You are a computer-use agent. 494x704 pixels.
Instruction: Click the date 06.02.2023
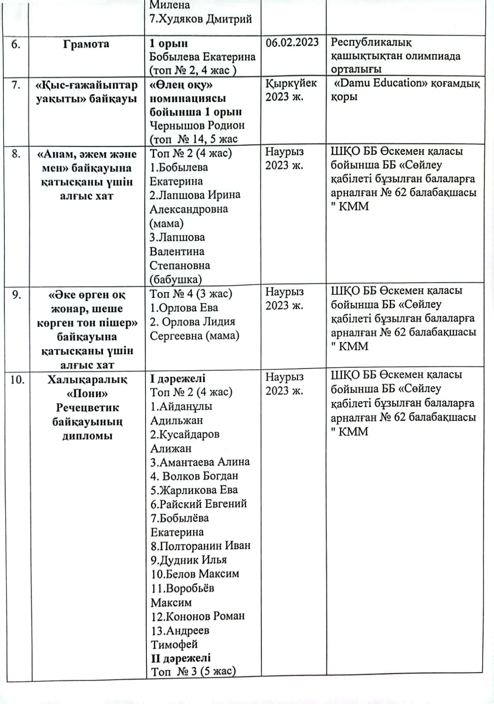coord(292,42)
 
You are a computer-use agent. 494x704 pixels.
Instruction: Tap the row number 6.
coord(16,44)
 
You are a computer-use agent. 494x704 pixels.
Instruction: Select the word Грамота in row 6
coord(86,44)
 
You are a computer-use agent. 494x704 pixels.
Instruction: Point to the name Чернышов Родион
coord(197,125)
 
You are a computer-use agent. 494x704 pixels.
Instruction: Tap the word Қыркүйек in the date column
coord(291,83)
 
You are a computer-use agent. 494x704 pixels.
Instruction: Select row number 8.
coord(16,154)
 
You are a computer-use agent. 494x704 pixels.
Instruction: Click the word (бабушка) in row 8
coord(176,279)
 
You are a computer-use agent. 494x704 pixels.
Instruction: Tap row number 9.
coord(16,294)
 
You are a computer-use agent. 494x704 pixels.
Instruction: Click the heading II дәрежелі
coord(181,658)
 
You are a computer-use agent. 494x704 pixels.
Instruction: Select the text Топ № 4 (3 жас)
coord(191,294)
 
